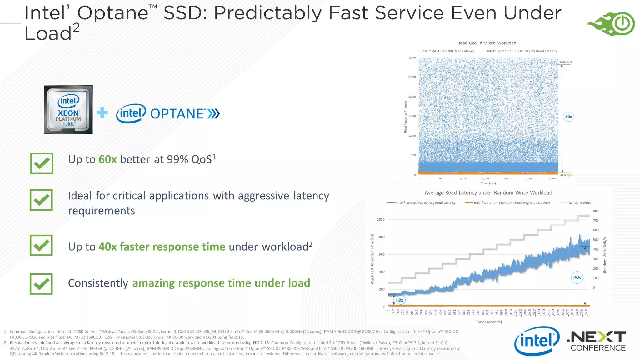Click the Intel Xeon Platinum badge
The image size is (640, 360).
[x=68, y=110]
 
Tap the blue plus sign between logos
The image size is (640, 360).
[x=102, y=113]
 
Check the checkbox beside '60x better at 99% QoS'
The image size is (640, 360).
[x=42, y=163]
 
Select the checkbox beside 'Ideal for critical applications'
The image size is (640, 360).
[x=41, y=200]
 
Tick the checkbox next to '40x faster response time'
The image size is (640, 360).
[x=41, y=245]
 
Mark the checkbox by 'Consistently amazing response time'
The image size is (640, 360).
[x=41, y=284]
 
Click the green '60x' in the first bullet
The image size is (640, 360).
[x=107, y=159]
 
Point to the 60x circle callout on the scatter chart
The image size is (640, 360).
[x=568, y=117]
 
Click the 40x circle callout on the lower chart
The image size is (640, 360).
[x=577, y=277]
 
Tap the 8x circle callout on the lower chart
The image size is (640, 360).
[x=401, y=300]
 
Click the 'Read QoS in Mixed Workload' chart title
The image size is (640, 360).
[x=487, y=43]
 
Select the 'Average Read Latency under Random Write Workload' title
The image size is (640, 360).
[x=488, y=193]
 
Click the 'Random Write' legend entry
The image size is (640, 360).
[x=579, y=203]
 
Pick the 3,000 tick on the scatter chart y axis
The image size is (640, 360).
[x=412, y=58]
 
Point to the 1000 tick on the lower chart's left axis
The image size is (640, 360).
[x=381, y=219]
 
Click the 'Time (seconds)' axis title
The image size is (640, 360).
[x=488, y=322]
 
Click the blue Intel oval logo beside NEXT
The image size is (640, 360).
[x=537, y=341]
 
